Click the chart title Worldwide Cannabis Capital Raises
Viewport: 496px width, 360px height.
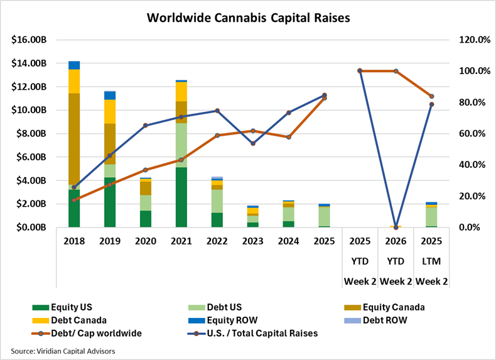248,18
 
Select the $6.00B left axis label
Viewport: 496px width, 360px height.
31,157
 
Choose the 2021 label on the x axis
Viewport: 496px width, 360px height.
181,241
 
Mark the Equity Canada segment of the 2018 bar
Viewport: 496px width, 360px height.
74,138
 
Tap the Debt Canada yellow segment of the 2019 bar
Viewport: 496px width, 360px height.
110,112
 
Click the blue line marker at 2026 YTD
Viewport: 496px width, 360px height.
396,227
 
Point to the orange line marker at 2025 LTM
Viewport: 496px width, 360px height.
431,97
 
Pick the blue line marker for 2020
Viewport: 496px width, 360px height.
145,126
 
